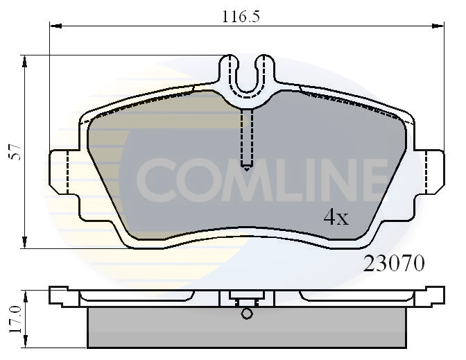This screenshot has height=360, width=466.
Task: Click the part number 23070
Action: [x=394, y=264]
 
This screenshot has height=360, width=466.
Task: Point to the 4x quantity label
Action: [x=336, y=218]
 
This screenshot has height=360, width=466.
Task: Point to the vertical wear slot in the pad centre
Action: [x=248, y=139]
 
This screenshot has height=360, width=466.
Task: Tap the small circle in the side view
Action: [x=248, y=314]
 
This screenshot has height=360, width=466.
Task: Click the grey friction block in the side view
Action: [x=247, y=329]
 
